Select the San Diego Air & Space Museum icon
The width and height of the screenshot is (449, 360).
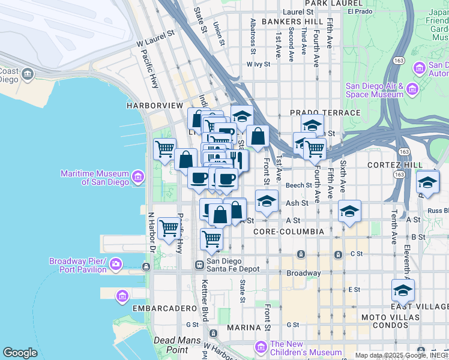click(412, 90)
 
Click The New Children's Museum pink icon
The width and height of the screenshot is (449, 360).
click(261, 347)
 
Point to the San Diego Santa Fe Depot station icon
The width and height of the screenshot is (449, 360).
click(199, 265)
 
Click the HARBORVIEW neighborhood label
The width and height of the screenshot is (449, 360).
click(154, 106)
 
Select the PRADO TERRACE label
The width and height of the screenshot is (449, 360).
click(325, 113)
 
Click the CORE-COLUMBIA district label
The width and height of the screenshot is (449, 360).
click(289, 231)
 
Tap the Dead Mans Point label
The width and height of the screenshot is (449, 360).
click(172, 344)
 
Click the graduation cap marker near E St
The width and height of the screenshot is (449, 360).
click(403, 291)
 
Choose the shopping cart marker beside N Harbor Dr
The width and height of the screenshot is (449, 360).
click(169, 228)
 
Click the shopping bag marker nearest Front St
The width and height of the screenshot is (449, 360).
click(258, 136)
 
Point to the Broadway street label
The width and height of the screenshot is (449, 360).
click(303, 273)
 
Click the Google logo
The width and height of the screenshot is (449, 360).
click(20, 353)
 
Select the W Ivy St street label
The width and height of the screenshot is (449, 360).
click(259, 64)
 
